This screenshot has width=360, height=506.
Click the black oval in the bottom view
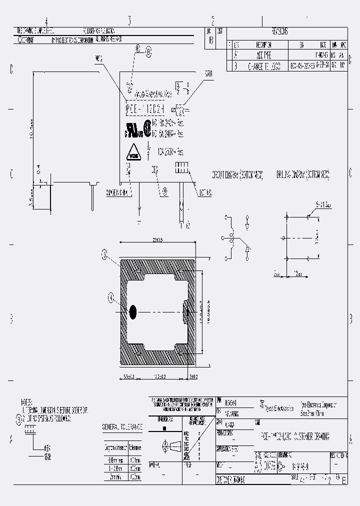tap(133, 312)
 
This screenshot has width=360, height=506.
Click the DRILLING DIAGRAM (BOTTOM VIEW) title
tap(302, 175)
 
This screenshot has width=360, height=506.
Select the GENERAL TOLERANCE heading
tap(122, 427)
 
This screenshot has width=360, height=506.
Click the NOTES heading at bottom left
tap(26, 402)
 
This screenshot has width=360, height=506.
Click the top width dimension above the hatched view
tap(156, 240)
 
